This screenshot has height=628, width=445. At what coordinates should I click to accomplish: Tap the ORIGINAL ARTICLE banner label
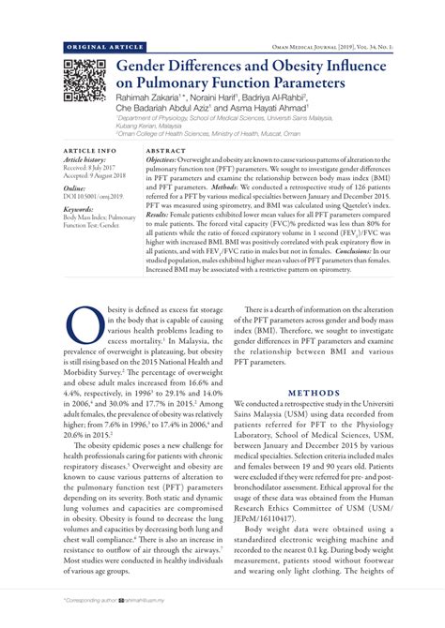(99, 46)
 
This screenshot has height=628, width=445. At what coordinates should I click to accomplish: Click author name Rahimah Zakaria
(152, 101)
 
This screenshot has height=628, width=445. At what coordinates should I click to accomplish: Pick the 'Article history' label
(86, 159)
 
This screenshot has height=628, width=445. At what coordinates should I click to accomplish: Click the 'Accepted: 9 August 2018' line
(98, 175)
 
